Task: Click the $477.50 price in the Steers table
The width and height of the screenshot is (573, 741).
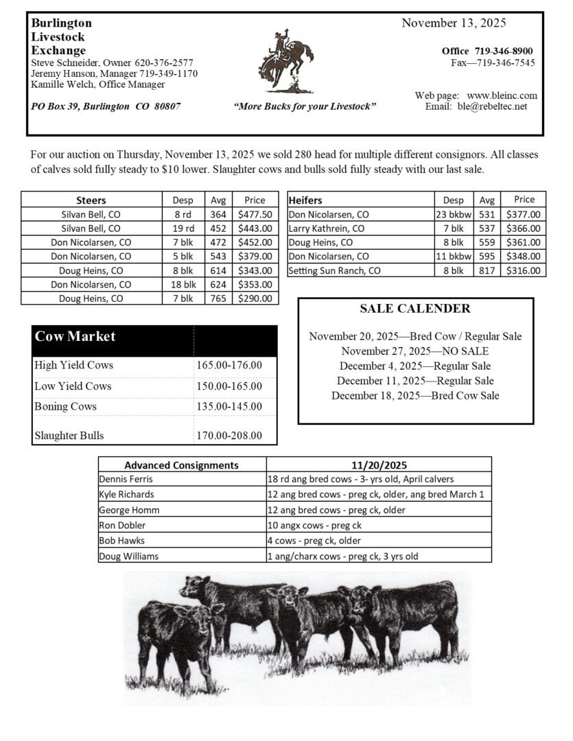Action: (x=255, y=214)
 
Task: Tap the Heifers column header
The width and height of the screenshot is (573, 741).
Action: (x=305, y=200)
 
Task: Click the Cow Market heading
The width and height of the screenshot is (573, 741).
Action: (x=75, y=336)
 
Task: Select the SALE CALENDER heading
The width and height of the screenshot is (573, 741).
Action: (x=415, y=309)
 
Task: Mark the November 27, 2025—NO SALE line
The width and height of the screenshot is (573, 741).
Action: (x=415, y=351)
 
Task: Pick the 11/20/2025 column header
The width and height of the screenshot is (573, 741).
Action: (x=379, y=464)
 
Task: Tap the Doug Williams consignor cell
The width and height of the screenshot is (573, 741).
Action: (x=128, y=556)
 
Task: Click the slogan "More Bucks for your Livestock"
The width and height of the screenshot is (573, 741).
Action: (x=305, y=107)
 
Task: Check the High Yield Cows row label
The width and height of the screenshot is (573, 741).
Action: (x=74, y=365)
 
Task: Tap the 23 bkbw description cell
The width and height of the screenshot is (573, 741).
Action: (x=453, y=214)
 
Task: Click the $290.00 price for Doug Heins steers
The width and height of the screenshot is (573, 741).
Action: (x=255, y=298)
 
